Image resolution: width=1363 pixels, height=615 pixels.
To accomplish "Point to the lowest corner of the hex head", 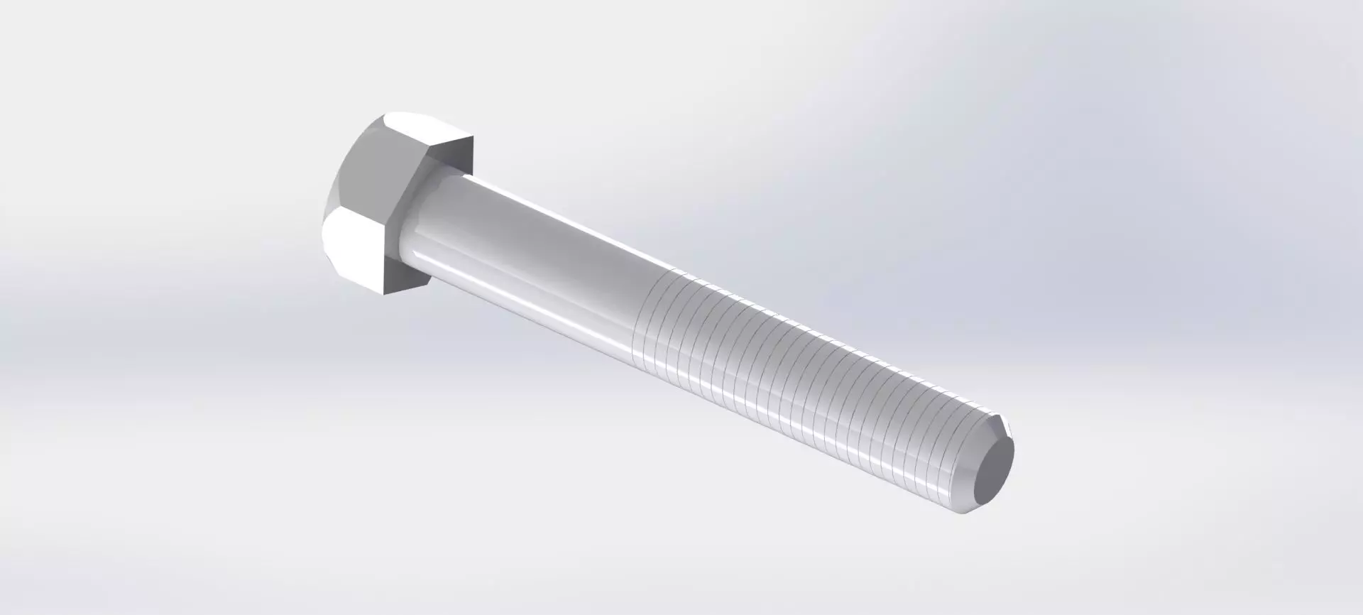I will (x=383, y=293).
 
